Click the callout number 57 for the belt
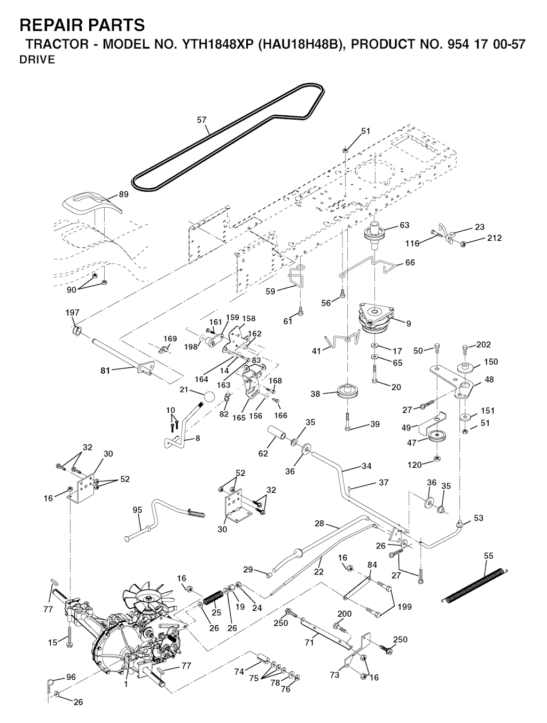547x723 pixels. coord(201,120)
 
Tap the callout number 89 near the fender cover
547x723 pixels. coord(123,195)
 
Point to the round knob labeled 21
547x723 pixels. coord(208,398)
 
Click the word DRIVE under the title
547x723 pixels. coord(37,60)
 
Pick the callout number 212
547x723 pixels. coord(494,238)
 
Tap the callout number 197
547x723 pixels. coord(72,312)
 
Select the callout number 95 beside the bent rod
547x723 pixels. coord(137,510)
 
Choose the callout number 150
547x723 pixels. coord(490,362)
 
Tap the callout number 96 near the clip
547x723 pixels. coord(71,677)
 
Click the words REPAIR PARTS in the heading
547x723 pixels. coord(82,25)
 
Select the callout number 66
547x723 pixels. coord(410,263)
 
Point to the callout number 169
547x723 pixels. coord(170,339)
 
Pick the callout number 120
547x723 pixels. coord(415,465)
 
